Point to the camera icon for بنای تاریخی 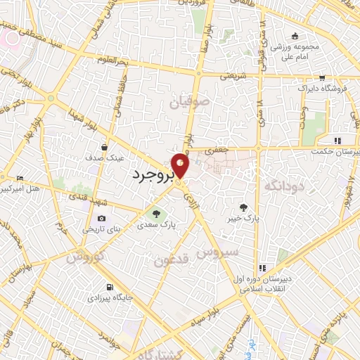point(103,219)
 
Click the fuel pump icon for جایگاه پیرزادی point(108,287)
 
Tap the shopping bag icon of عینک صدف point(104,148)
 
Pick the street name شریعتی point(233,75)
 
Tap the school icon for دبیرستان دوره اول point(262,268)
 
